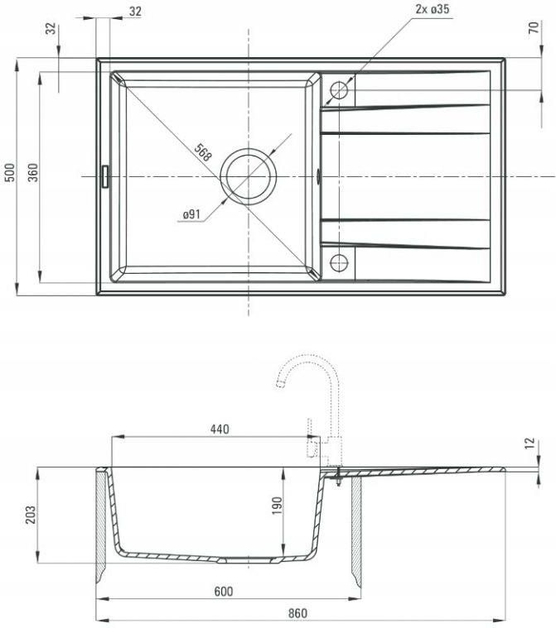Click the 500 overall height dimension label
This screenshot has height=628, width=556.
pyautogui.click(x=10, y=172)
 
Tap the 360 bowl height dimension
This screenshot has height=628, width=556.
pyautogui.click(x=33, y=172)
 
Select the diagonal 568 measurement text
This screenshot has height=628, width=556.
pyautogui.click(x=203, y=152)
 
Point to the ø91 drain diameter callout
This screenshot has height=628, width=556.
pyautogui.click(x=191, y=214)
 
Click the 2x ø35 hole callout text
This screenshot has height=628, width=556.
pyautogui.click(x=433, y=9)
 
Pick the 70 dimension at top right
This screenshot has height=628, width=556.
pyautogui.click(x=534, y=27)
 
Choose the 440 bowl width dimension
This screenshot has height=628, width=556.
pyautogui.click(x=220, y=429)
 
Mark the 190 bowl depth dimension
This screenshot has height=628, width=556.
pyautogui.click(x=277, y=506)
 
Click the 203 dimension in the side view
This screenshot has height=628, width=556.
pyautogui.click(x=31, y=515)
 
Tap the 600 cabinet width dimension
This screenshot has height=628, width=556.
pyautogui.click(x=224, y=591)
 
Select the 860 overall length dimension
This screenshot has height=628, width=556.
pyautogui.click(x=298, y=613)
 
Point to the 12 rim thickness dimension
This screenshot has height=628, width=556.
pyautogui.click(x=530, y=443)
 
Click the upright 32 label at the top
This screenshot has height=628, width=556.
pyautogui.click(x=136, y=12)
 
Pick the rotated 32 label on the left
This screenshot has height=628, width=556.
pyautogui.click(x=51, y=29)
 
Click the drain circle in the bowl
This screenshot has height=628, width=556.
pyautogui.click(x=249, y=176)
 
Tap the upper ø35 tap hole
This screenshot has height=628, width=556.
pyautogui.click(x=339, y=90)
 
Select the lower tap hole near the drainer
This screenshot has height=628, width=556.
pyautogui.click(x=339, y=263)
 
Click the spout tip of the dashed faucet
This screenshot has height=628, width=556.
pyautogui.click(x=280, y=384)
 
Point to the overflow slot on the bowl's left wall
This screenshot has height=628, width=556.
pyautogui.click(x=104, y=176)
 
